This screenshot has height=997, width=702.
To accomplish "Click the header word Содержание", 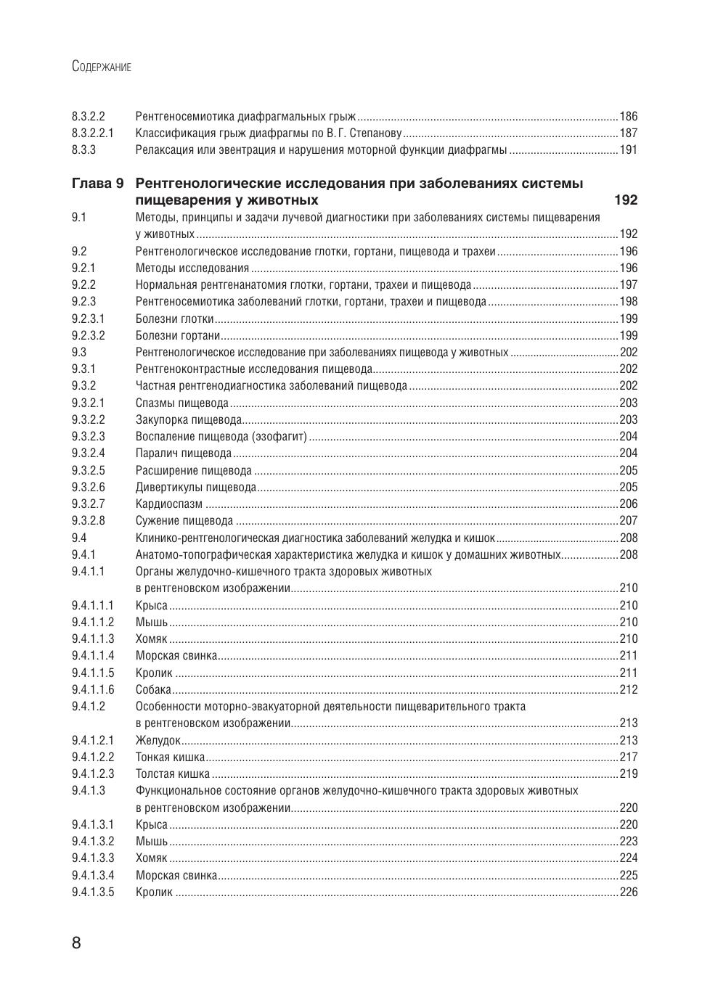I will pyautogui.click(x=102, y=67).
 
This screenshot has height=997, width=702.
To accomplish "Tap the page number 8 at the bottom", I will pyautogui.click(x=76, y=943).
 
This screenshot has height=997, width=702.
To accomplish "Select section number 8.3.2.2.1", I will pyautogui.click(x=93, y=134).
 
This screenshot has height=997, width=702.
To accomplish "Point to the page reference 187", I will pyautogui.click(x=628, y=134).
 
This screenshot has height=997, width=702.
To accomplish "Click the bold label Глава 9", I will pyautogui.click(x=98, y=183).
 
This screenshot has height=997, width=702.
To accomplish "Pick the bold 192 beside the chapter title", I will pyautogui.click(x=625, y=200).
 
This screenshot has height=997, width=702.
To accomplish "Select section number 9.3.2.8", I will pyautogui.click(x=89, y=521).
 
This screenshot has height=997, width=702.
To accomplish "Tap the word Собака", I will pyautogui.click(x=153, y=690).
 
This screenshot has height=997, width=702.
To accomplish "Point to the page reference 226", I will pyautogui.click(x=628, y=893).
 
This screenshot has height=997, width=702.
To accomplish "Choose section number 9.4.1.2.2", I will pyautogui.click(x=93, y=758).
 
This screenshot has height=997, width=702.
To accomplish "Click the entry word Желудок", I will pyautogui.click(x=158, y=741).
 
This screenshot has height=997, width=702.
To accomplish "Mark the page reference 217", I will pyautogui.click(x=628, y=758).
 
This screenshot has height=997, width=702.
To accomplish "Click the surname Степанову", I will pyautogui.click(x=375, y=134).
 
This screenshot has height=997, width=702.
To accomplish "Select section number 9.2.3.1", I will pyautogui.click(x=89, y=319).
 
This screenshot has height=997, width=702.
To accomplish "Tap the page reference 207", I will pyautogui.click(x=628, y=521).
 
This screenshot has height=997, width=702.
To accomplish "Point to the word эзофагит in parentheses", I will pyautogui.click(x=279, y=437).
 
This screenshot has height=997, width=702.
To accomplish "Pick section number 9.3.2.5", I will pyautogui.click(x=89, y=470).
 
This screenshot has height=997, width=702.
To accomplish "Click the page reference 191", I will pyautogui.click(x=628, y=150).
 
